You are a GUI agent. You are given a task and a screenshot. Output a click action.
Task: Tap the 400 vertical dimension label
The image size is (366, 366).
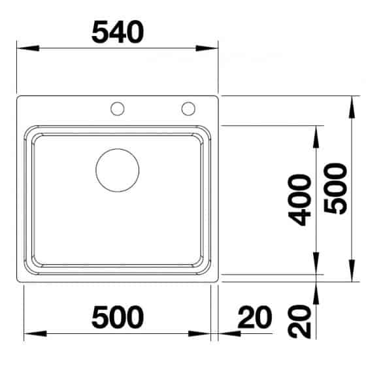[301, 200]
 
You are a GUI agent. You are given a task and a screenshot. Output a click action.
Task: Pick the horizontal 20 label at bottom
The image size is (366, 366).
[252, 318]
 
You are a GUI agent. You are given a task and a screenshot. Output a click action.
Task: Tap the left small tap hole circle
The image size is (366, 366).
[118, 108]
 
